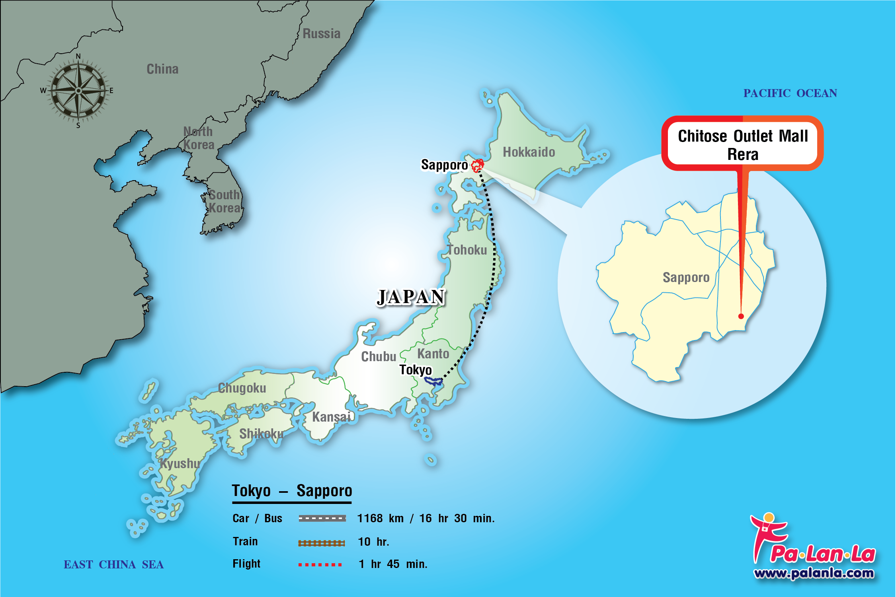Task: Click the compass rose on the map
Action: coord(78,91)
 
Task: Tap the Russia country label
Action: coord(321,34)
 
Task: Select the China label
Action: coord(162,69)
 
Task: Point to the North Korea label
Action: coord(198,138)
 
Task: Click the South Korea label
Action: coord(224,201)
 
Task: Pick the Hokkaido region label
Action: coord(529,152)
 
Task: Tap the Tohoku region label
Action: coord(467,250)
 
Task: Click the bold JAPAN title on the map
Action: coord(411,297)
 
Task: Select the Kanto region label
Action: coord(433,354)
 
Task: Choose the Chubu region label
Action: coord(379,356)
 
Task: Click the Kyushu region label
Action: coord(180,463)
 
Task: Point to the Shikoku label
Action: coord(262,434)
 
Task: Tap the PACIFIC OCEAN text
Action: coord(790,93)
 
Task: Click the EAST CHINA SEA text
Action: coord(114,565)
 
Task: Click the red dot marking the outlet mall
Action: coord(741,316)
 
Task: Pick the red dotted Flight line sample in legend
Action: coord(320,564)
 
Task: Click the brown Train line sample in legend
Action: coord(321,543)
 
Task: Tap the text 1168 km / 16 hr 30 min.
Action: coord(426,519)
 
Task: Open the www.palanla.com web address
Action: coord(814,573)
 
